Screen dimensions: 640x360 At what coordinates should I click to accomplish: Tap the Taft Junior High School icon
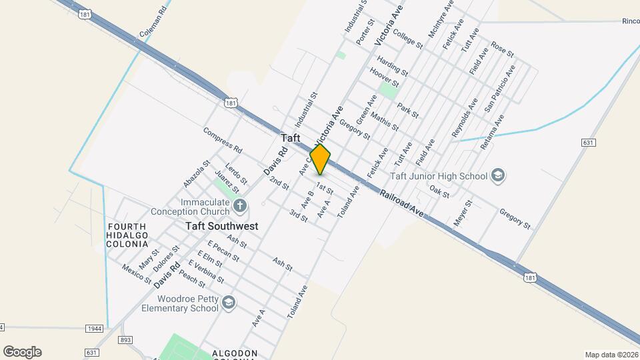tap(497, 175)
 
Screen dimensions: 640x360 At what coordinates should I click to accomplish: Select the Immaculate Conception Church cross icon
tap(239, 204)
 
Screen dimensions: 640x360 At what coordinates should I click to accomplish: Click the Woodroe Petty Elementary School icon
tap(229, 303)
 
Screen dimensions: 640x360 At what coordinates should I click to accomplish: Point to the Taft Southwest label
tap(221, 227)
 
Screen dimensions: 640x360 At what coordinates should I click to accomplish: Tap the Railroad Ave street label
tap(402, 203)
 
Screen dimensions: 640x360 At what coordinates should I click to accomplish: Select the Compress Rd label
tap(223, 139)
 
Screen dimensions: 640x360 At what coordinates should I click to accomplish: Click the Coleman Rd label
tap(153, 23)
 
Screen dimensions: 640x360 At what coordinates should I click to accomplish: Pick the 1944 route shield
tap(95, 329)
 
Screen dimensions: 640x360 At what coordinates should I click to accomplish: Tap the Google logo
tap(22, 352)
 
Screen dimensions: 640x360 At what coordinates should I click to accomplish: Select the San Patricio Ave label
tap(500, 87)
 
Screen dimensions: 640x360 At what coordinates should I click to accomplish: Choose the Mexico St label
tap(136, 273)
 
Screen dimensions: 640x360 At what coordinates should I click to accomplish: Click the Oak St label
tap(440, 191)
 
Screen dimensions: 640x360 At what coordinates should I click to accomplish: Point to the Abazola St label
tap(197, 173)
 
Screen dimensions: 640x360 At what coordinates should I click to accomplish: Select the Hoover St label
tap(384, 78)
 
